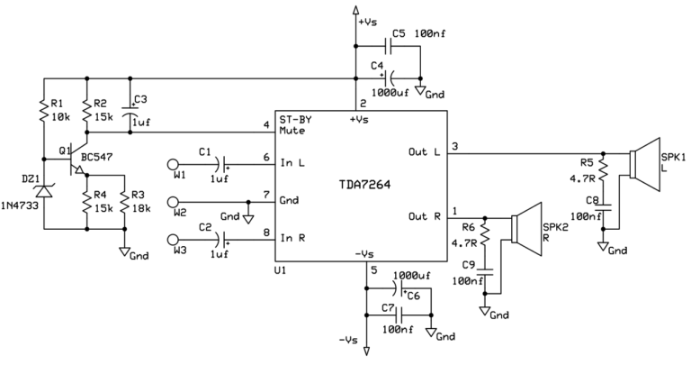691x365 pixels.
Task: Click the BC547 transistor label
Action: [x=95, y=158]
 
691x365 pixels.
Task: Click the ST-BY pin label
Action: [x=296, y=119]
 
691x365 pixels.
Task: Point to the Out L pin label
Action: [x=423, y=151]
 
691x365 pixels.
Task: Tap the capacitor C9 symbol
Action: [x=486, y=269]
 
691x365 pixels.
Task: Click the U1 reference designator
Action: [x=282, y=269]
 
